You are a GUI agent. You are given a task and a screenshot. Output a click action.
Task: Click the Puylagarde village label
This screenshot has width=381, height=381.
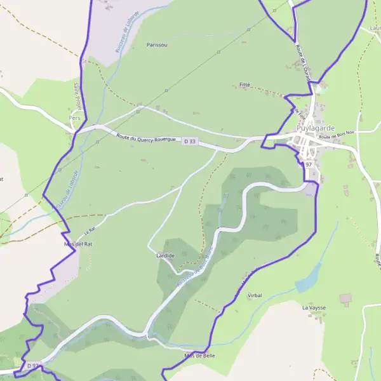(x=316, y=128)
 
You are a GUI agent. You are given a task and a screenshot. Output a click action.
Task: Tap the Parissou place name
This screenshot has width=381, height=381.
(x=156, y=45)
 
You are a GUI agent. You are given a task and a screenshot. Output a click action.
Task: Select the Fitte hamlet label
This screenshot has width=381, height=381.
(x=246, y=84)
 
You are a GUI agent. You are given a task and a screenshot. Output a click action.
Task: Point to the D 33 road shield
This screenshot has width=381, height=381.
(x=190, y=142)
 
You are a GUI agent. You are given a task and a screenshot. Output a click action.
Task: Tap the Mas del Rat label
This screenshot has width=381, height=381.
(x=78, y=244)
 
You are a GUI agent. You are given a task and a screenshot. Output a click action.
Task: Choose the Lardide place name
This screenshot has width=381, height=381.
(x=166, y=255)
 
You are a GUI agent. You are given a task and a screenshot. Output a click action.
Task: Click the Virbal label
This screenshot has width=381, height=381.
(x=254, y=295)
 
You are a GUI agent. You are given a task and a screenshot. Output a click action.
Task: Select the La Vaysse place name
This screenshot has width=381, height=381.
(x=314, y=307)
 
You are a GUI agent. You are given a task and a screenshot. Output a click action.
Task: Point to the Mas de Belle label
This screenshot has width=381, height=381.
(x=199, y=356)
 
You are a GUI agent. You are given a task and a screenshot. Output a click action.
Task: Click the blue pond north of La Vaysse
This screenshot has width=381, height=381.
(x=309, y=277)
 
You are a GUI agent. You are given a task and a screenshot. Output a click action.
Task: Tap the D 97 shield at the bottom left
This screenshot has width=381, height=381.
(x=34, y=366)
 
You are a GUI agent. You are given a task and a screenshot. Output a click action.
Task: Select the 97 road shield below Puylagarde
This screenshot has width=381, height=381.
(x=309, y=164)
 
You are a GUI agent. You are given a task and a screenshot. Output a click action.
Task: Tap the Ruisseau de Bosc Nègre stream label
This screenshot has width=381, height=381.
(x=194, y=270)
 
